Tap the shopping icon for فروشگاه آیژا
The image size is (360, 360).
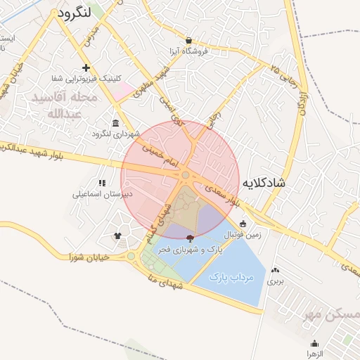point(188,41)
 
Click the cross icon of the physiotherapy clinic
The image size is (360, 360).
point(86,67)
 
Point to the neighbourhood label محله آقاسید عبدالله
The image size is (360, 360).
point(58,104)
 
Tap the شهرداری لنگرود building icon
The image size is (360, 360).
point(115,123)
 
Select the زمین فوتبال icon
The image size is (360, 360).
point(243,224)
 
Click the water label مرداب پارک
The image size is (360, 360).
point(231,278)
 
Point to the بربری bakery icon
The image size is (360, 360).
point(274,270)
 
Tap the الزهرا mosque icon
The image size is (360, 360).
point(314,343)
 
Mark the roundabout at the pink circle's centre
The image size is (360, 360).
point(186,175)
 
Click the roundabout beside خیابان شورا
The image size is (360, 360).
point(131,256)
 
